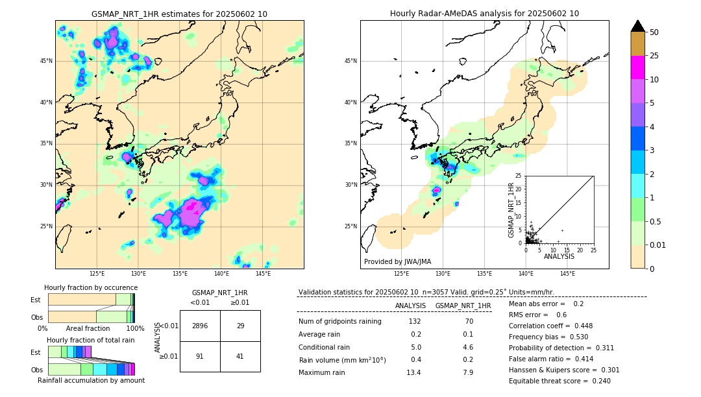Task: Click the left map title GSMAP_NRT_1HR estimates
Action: [179, 14]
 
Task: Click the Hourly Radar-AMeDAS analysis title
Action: [484, 14]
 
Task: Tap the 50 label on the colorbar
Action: [654, 32]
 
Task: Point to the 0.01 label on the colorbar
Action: [658, 245]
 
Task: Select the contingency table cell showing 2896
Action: [200, 326]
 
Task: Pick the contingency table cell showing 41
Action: [240, 356]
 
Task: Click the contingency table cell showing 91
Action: [200, 356]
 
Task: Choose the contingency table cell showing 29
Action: [240, 326]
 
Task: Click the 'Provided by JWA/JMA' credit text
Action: [397, 262]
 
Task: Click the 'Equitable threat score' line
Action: [550, 381]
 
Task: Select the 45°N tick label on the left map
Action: [45, 61]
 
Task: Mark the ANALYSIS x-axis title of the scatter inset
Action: [559, 256]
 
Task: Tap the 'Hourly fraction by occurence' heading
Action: [91, 287]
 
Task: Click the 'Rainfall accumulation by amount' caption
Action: [91, 380]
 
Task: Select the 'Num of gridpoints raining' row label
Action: [339, 322]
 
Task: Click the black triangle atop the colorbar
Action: [638, 26]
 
